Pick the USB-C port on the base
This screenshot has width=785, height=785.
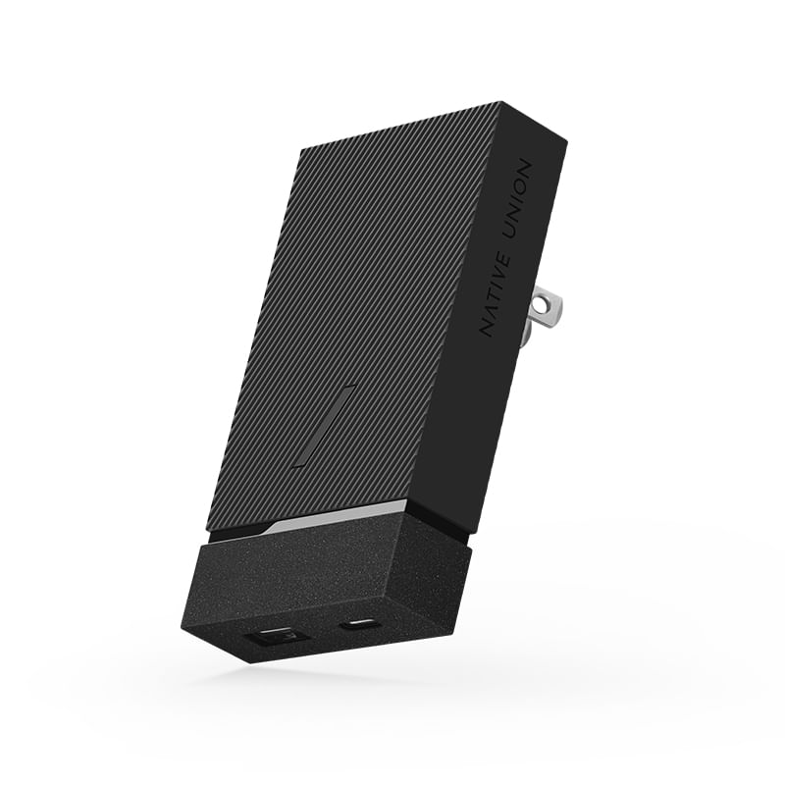pos(353,624)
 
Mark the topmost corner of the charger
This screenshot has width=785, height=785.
pos(501,102)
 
